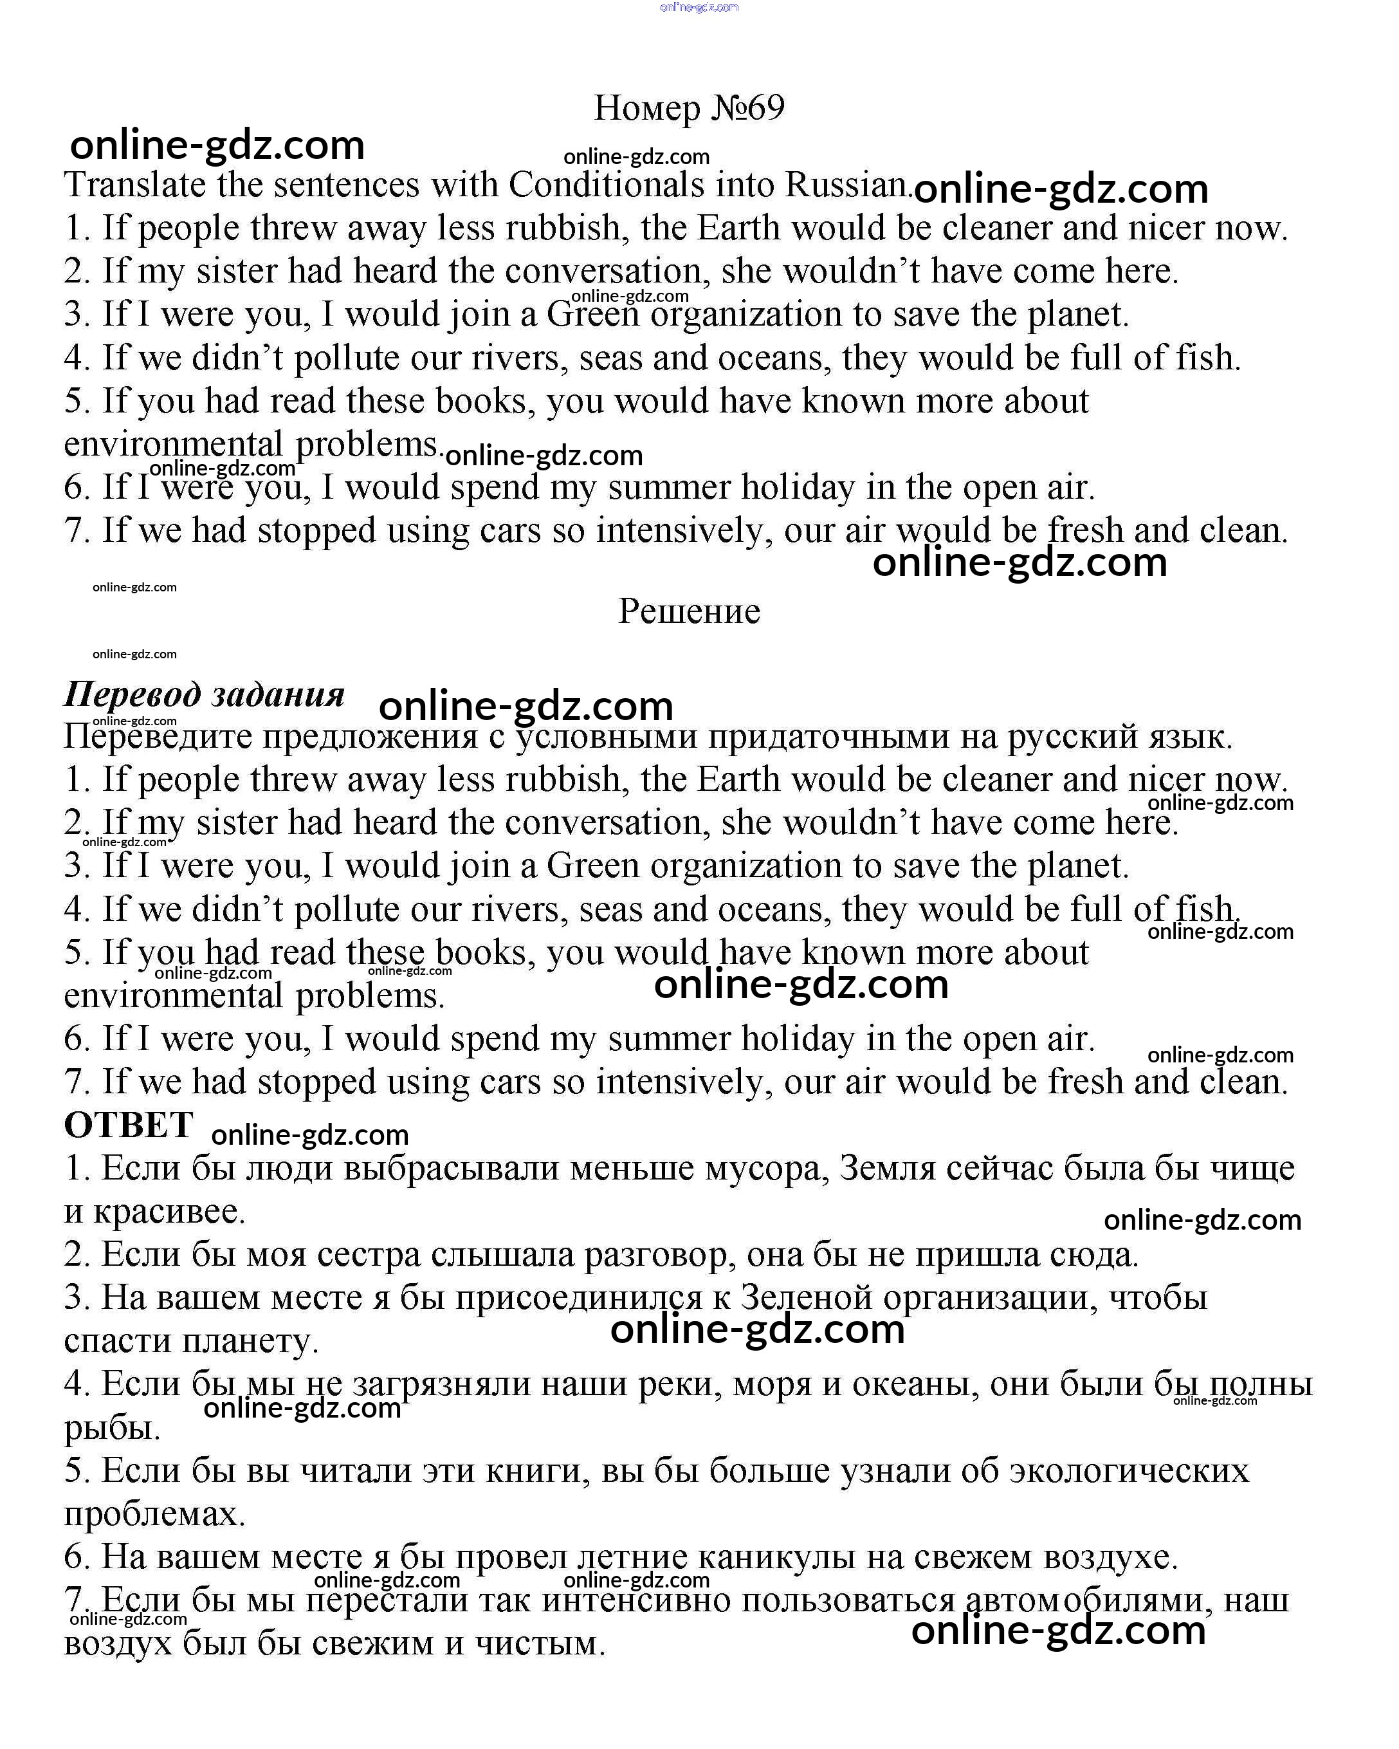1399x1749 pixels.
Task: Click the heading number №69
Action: [747, 108]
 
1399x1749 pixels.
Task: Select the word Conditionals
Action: [606, 185]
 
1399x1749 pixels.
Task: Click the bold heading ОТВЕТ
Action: [128, 1125]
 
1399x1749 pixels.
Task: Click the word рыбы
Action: [111, 1428]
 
